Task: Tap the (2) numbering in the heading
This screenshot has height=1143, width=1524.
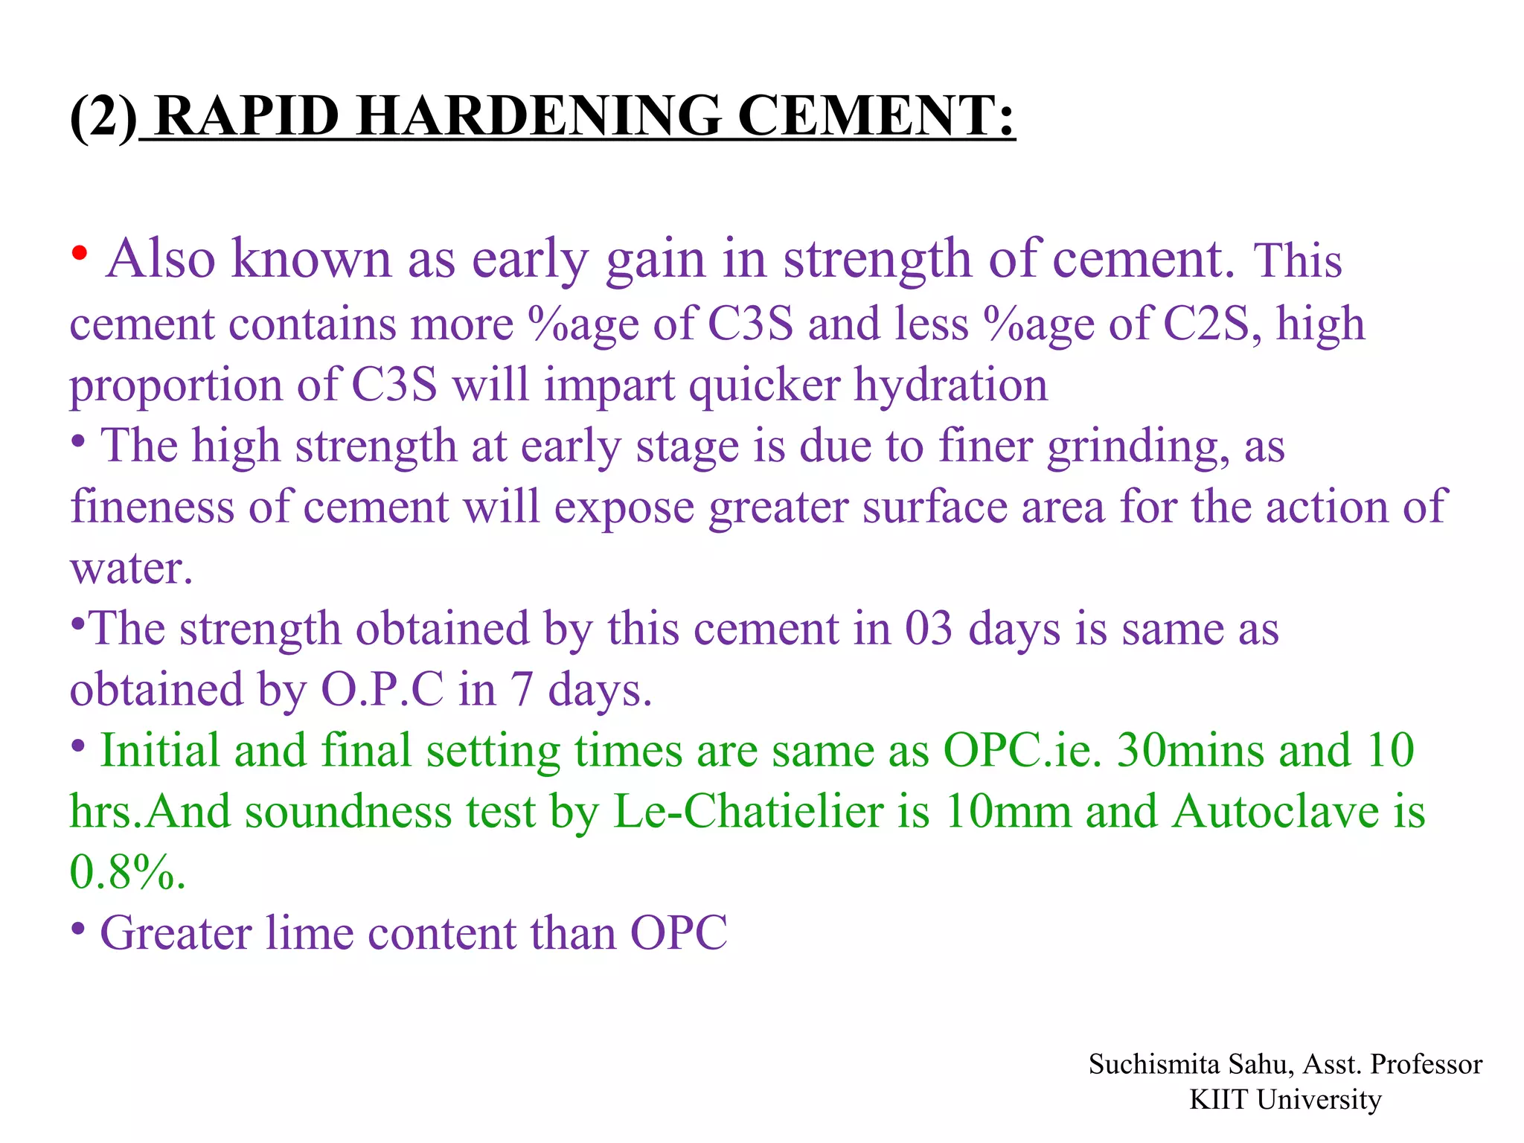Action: [103, 116]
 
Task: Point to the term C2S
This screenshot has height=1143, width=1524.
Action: [1206, 324]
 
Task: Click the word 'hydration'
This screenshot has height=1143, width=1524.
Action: [950, 385]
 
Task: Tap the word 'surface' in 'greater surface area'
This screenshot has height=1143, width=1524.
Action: [934, 508]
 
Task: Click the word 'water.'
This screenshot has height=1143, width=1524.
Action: [131, 569]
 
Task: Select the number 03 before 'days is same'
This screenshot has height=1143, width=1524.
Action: [928, 629]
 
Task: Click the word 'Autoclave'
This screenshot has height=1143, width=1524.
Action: [1275, 811]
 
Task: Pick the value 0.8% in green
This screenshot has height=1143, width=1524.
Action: [126, 872]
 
